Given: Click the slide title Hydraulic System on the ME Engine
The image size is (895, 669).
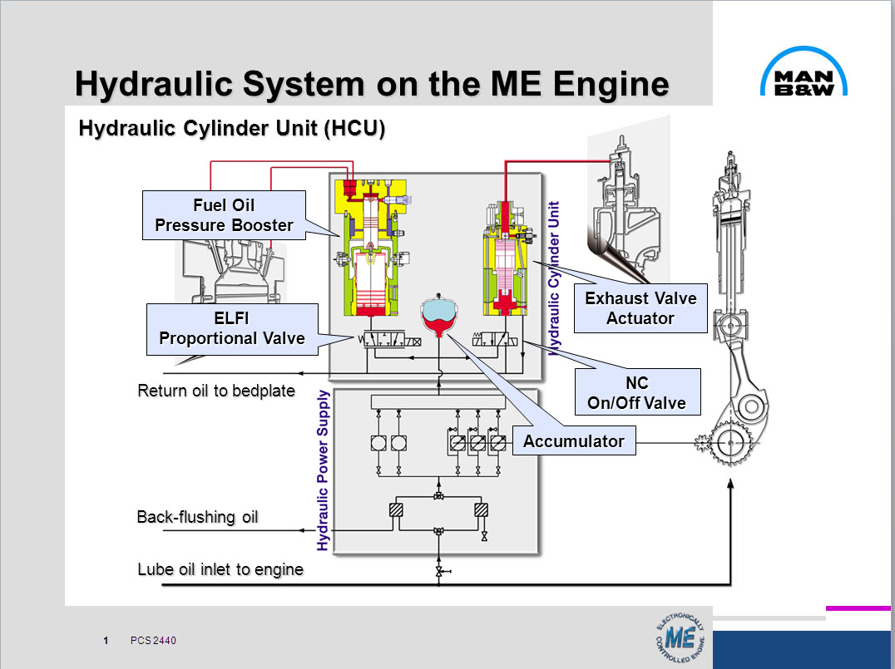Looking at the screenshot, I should click(x=371, y=84).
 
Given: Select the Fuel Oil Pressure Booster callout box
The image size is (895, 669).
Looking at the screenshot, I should click(x=225, y=215).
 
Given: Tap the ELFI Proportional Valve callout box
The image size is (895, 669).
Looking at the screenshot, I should click(x=232, y=328).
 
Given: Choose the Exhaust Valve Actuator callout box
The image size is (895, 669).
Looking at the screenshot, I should click(x=640, y=307).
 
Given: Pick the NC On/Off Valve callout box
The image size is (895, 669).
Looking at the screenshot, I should click(x=637, y=393).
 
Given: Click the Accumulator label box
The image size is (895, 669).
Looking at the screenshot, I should click(x=573, y=441).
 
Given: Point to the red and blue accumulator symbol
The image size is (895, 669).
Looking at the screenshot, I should click(x=441, y=315).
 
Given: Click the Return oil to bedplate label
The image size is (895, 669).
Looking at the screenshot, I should click(x=216, y=391).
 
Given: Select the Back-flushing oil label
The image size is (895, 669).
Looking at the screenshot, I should click(x=198, y=517).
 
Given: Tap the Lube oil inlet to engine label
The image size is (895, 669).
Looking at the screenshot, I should click(x=220, y=569).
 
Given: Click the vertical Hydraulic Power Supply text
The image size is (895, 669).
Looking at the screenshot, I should click(x=324, y=470).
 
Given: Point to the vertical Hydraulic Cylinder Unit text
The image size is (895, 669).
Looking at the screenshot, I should click(x=555, y=278).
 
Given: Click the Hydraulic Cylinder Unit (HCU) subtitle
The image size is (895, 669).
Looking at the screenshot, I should click(x=231, y=130).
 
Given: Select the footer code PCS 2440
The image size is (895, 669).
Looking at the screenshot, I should click(x=153, y=641).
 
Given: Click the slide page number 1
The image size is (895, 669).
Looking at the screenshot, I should click(x=106, y=641).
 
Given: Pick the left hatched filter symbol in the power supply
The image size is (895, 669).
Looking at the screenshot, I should click(x=396, y=511).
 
